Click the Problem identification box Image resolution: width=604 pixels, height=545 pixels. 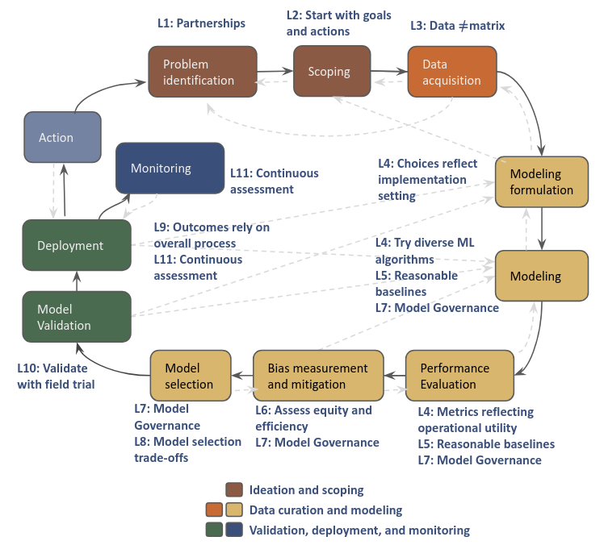202,72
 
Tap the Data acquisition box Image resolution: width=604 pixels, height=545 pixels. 452,72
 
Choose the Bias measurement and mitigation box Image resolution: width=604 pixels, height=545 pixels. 317,376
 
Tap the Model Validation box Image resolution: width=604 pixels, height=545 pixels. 77,317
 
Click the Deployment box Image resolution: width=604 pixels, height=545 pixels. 77,246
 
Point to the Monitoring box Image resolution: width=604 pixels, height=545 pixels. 170,168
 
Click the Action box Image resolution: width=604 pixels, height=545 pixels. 62,138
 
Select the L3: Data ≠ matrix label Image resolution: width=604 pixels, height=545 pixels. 458,26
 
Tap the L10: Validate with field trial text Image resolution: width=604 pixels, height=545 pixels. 56,376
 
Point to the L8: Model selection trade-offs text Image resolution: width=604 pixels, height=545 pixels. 187,449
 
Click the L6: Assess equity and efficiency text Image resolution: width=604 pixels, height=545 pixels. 313,418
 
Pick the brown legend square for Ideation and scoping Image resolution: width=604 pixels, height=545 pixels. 234,490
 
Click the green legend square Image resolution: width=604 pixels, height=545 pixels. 214,530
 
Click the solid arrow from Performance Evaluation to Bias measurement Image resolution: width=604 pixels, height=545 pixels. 392,376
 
